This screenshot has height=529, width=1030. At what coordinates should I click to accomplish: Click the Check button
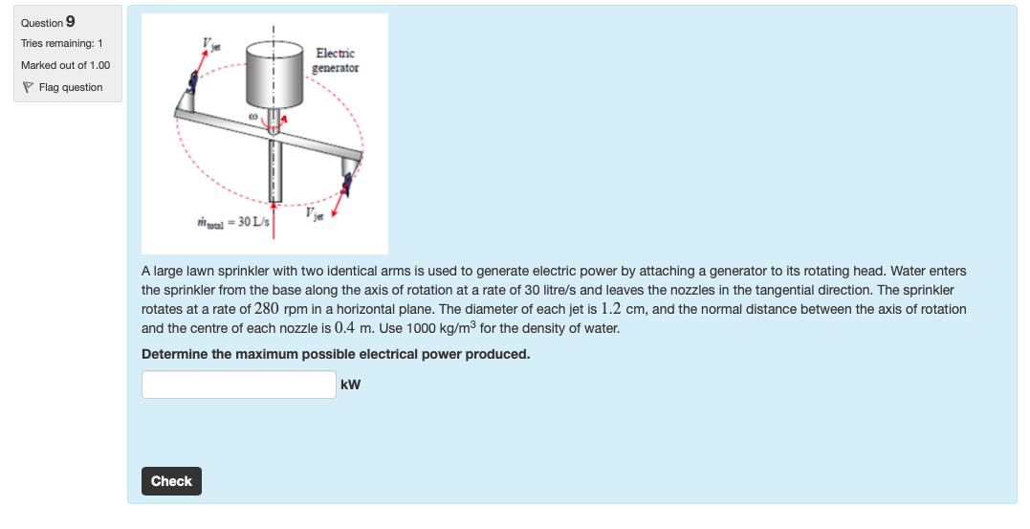[171, 481]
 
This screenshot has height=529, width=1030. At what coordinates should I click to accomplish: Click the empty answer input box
[238, 385]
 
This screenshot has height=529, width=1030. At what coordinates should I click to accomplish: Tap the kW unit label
[351, 386]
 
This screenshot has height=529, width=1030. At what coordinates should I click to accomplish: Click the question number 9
[71, 22]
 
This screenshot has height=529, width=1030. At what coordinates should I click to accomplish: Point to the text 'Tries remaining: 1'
[62, 44]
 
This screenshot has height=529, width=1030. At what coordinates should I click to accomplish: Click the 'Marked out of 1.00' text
[65, 65]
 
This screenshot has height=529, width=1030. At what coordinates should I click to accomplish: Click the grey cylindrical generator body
[274, 74]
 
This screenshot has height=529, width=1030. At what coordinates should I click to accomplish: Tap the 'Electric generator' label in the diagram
[336, 60]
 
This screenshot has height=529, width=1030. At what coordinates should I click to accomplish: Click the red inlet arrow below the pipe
[274, 216]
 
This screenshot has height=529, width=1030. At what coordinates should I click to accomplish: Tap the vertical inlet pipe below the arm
[274, 172]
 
